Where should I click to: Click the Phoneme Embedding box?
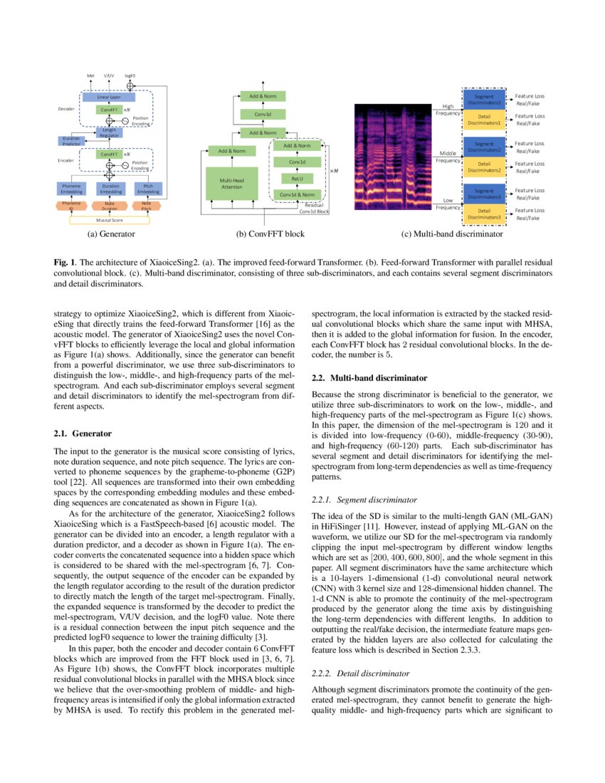pyautogui.click(x=71, y=189)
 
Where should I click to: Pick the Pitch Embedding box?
pyautogui.click(x=148, y=189)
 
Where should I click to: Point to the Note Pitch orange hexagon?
pyautogui.click(x=147, y=206)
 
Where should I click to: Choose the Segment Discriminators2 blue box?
pyautogui.click(x=484, y=147)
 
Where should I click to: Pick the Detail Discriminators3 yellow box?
pyautogui.click(x=484, y=214)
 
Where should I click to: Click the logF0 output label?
pyautogui.click(x=130, y=74)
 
